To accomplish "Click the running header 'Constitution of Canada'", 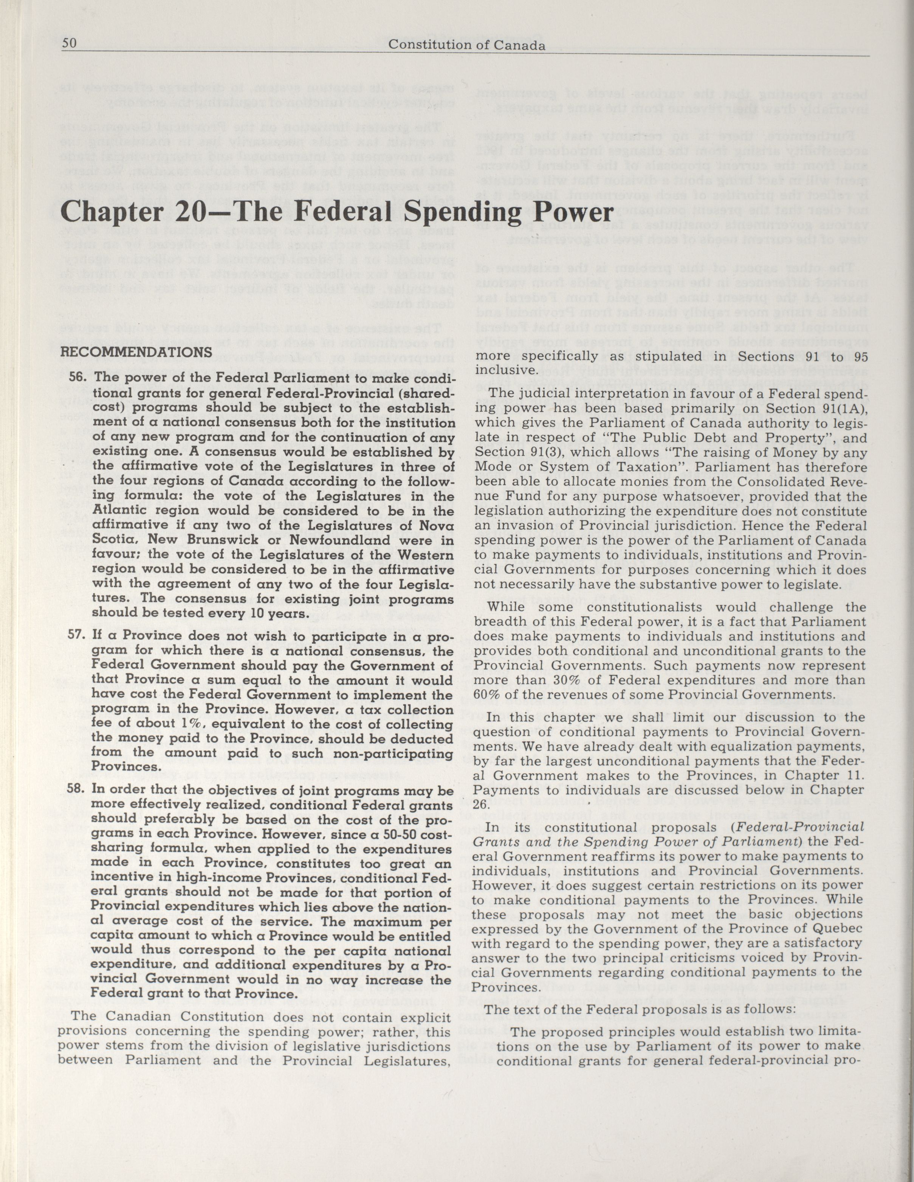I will [x=467, y=45].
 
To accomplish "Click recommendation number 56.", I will [x=79, y=378].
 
